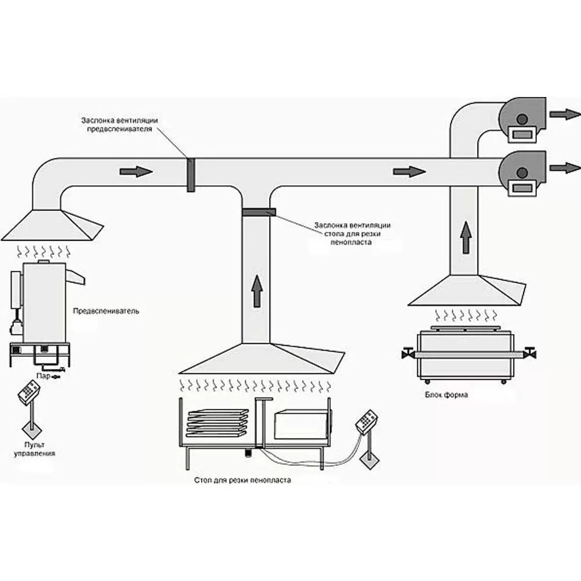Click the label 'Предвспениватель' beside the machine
pyautogui.click(x=106, y=311)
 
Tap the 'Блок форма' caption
pyautogui.click(x=446, y=394)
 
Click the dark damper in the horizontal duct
pyautogui.click(x=190, y=174)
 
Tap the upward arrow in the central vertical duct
pyautogui.click(x=256, y=291)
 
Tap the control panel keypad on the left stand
pyautogui.click(x=27, y=393)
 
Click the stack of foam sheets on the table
pyautogui.click(x=217, y=424)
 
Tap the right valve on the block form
pyautogui.click(x=530, y=353)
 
